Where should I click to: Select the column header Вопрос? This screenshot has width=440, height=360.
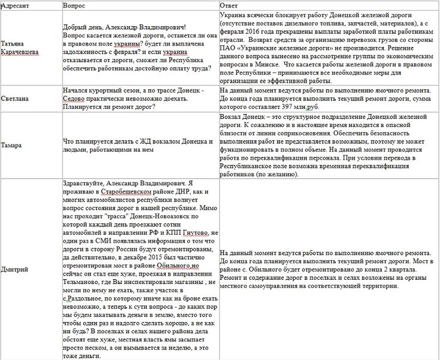74,4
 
